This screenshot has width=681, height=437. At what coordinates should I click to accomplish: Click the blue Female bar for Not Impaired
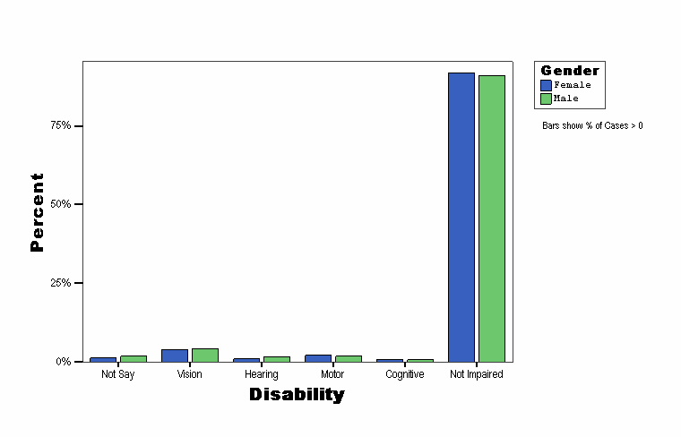pyautogui.click(x=461, y=217)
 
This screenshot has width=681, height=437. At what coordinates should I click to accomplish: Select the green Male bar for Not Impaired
pyautogui.click(x=492, y=218)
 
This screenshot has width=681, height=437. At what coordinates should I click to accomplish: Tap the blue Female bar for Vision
pyautogui.click(x=175, y=356)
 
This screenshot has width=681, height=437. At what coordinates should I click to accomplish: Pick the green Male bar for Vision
pyautogui.click(x=205, y=355)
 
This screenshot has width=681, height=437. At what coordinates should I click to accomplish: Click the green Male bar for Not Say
pyautogui.click(x=134, y=358)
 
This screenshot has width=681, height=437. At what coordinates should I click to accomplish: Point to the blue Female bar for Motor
pyautogui.click(x=318, y=358)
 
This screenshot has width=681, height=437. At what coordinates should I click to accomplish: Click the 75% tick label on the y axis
pyautogui.click(x=61, y=125)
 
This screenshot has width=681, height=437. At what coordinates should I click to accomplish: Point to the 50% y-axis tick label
pyautogui.click(x=61, y=204)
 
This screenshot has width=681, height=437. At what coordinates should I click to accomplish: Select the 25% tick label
pyautogui.click(x=61, y=283)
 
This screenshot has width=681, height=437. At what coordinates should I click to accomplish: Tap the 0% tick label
pyautogui.click(x=64, y=362)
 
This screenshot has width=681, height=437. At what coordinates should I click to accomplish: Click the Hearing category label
pyautogui.click(x=261, y=374)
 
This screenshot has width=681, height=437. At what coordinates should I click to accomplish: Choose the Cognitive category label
pyautogui.click(x=404, y=374)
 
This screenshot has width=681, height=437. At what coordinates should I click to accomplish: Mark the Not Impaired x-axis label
pyautogui.click(x=476, y=374)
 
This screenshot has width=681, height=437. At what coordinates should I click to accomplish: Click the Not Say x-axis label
pyautogui.click(x=117, y=374)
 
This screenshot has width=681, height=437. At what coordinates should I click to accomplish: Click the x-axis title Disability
pyautogui.click(x=297, y=394)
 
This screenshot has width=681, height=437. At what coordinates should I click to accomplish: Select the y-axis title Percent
pyautogui.click(x=37, y=212)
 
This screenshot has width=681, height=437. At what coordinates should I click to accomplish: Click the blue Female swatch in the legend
pyautogui.click(x=547, y=85)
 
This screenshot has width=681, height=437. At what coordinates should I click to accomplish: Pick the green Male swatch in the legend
pyautogui.click(x=547, y=99)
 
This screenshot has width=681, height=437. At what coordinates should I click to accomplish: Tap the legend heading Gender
pyautogui.click(x=570, y=71)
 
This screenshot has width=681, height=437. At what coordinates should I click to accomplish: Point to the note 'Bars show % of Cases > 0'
pyautogui.click(x=592, y=125)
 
